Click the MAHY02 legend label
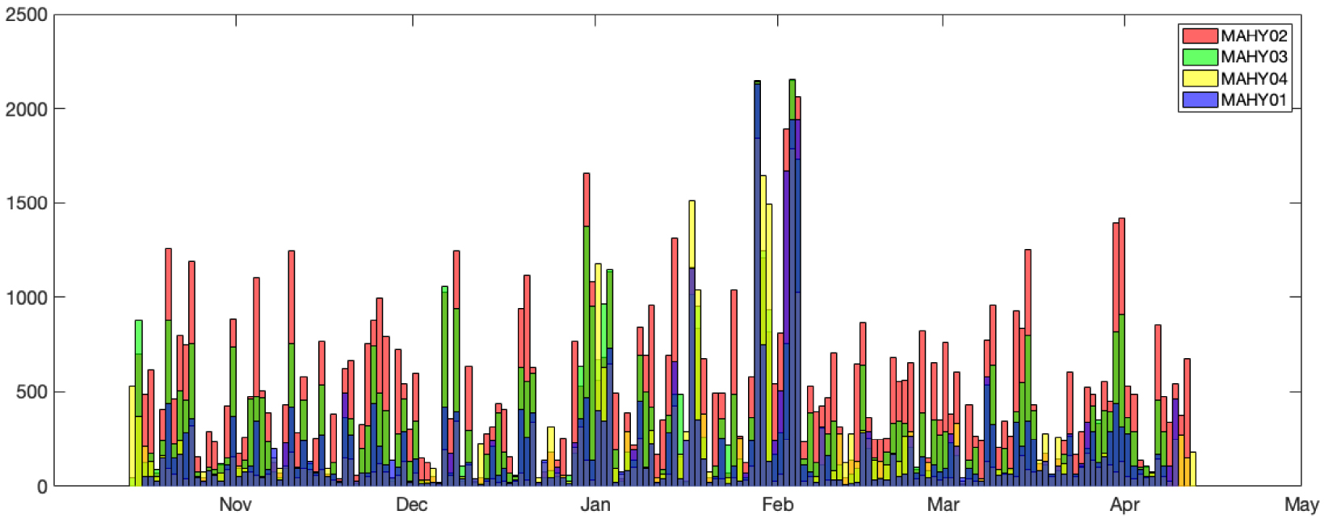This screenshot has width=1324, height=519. (x=1254, y=36)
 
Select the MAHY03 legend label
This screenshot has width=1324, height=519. (x=1254, y=57)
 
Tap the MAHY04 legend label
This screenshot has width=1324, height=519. (x=1254, y=78)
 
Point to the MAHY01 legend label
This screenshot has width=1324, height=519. (x=1254, y=99)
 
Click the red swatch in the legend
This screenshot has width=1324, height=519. (x=1200, y=36)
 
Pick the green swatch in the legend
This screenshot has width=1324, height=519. (x=1200, y=57)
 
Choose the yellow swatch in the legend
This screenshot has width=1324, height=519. (x=1200, y=78)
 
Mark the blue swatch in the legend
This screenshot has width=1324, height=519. (x=1200, y=99)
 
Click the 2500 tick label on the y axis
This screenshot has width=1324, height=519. (x=26, y=15)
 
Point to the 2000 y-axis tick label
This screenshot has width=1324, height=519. (x=26, y=109)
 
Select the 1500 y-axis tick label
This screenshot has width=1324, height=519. (x=26, y=204)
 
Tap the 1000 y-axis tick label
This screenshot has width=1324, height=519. (x=26, y=297)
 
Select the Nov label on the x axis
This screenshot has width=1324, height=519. (x=235, y=505)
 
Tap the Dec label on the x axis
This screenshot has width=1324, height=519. (x=411, y=505)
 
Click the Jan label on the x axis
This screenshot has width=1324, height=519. (x=595, y=505)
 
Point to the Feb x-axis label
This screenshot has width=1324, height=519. (x=778, y=505)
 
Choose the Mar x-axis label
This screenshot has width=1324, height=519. (x=943, y=505)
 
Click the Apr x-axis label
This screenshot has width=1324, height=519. (x=1124, y=505)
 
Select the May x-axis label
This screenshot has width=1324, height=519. (x=1301, y=505)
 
